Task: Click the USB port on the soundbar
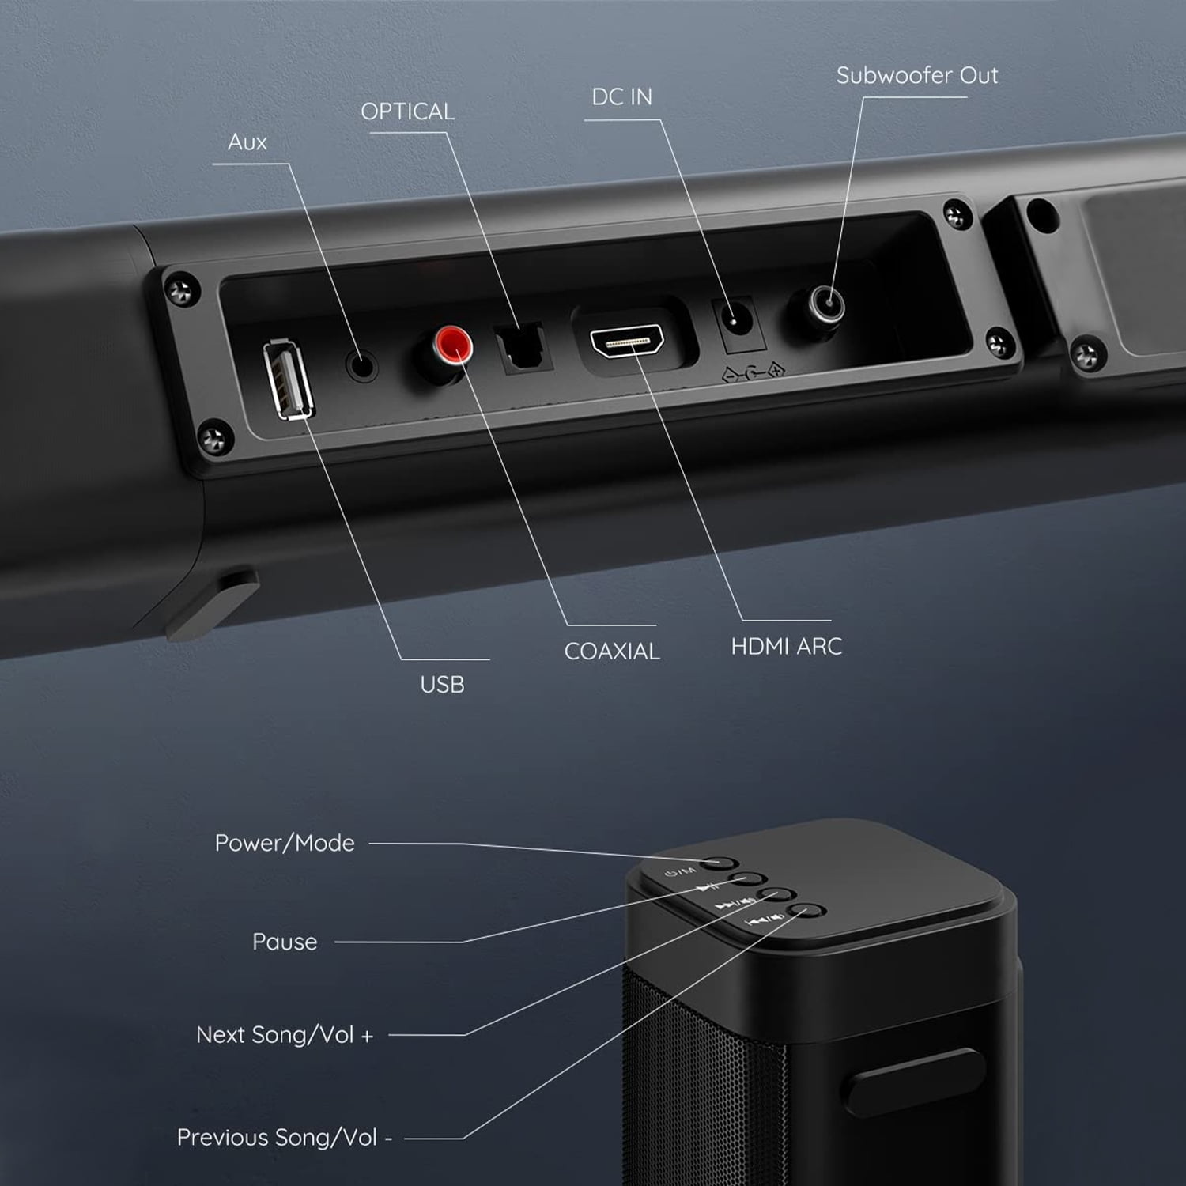(x=288, y=380)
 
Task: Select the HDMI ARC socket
(x=627, y=341)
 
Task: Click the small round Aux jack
(x=362, y=365)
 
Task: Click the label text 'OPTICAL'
(x=408, y=111)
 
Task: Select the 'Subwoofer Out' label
(x=917, y=75)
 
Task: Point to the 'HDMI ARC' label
(x=787, y=647)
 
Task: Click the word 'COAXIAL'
(x=612, y=652)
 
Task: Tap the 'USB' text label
(x=442, y=685)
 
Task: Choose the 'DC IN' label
(x=622, y=96)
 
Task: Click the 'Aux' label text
(x=247, y=142)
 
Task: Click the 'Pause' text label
(x=285, y=942)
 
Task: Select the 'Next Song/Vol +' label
(x=285, y=1035)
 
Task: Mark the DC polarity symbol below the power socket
(x=754, y=371)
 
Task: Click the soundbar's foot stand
(x=211, y=605)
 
